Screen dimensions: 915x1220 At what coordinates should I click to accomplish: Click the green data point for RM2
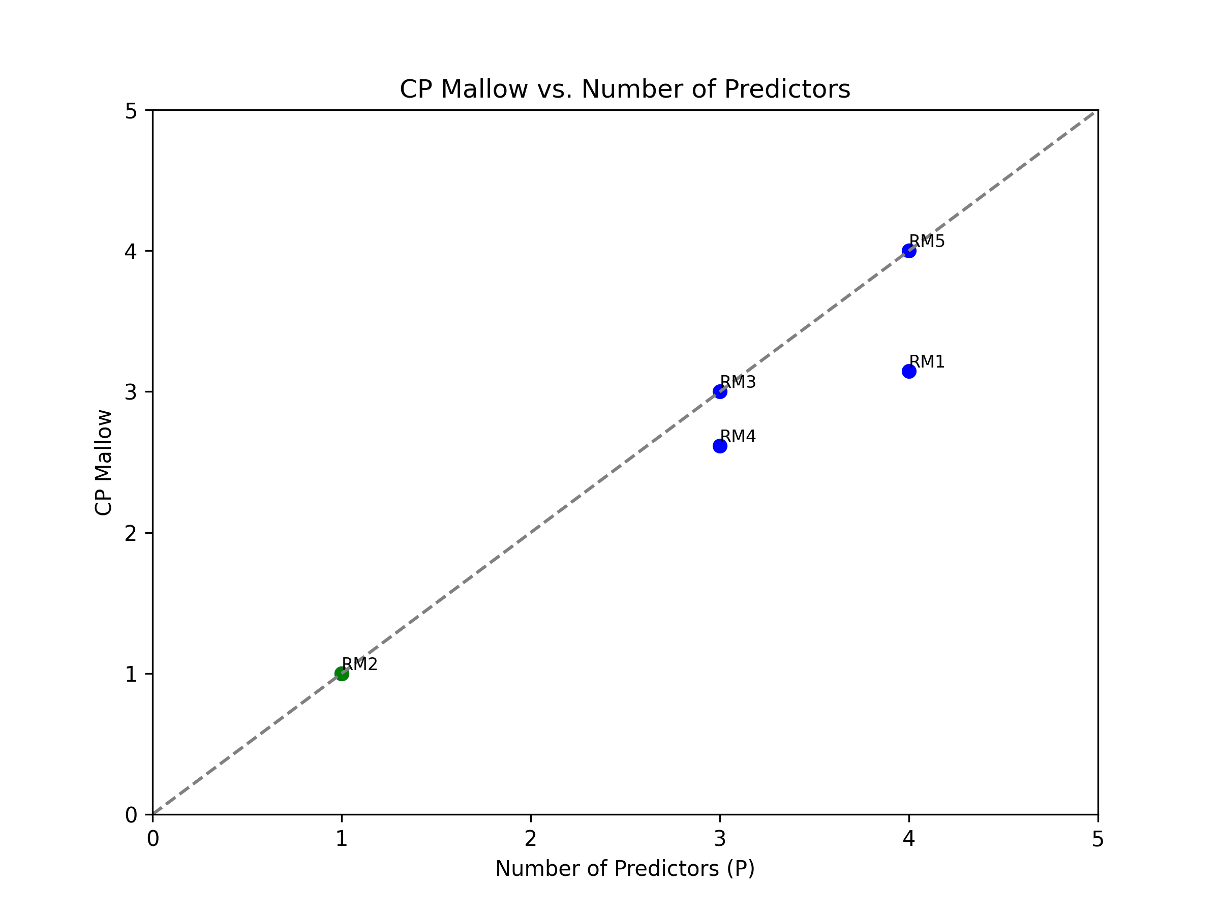pyautogui.click(x=342, y=674)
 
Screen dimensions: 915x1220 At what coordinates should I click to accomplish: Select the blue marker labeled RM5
pyautogui.click(x=909, y=251)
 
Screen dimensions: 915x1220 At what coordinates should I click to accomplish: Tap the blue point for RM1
pyautogui.click(x=909, y=371)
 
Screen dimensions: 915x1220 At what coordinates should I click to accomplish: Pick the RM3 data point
pyautogui.click(x=720, y=391)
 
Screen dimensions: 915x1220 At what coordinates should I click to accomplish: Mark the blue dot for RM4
pyautogui.click(x=720, y=446)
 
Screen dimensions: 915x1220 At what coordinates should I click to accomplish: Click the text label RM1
pyautogui.click(x=927, y=362)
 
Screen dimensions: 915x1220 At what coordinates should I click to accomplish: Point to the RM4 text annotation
pyautogui.click(x=738, y=436)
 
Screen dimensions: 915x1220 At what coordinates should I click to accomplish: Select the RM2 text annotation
pyautogui.click(x=359, y=664)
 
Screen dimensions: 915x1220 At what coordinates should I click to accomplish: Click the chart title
pyautogui.click(x=625, y=89)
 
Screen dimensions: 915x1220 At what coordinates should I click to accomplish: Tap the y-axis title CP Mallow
pyautogui.click(x=104, y=462)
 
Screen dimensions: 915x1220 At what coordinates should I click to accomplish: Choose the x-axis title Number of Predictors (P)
pyautogui.click(x=625, y=869)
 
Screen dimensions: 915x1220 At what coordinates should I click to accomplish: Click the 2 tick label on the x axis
pyautogui.click(x=531, y=839)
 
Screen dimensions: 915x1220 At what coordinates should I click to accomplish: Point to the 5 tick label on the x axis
pyautogui.click(x=1097, y=839)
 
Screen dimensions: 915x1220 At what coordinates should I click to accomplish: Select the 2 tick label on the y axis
pyautogui.click(x=131, y=533)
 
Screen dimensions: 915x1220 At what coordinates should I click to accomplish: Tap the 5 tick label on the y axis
pyautogui.click(x=131, y=111)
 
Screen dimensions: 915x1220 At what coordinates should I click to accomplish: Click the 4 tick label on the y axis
pyautogui.click(x=131, y=252)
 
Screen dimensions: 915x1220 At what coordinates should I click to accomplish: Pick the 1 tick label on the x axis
pyautogui.click(x=342, y=839)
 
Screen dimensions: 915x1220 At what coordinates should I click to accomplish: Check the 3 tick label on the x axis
pyautogui.click(x=720, y=839)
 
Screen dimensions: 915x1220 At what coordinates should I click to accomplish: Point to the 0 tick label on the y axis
pyautogui.click(x=131, y=815)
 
